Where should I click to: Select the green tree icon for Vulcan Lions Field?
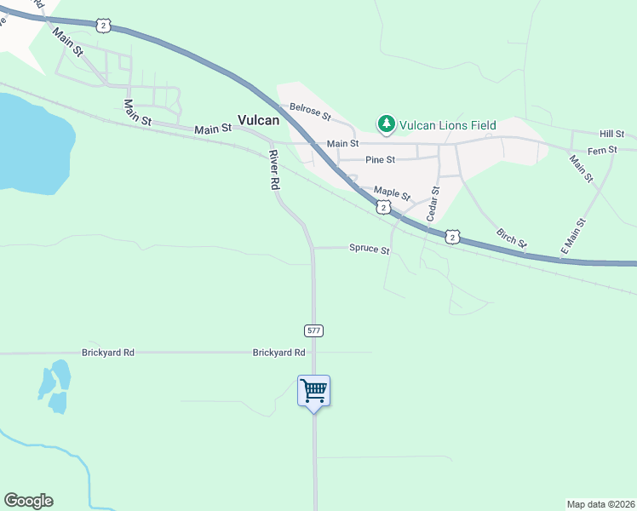click(387, 125)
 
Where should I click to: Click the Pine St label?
click(380, 159)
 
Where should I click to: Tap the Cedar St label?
click(433, 204)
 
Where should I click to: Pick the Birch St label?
click(511, 238)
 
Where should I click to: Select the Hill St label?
click(611, 135)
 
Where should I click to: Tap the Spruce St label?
click(369, 250)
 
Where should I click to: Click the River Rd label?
click(274, 169)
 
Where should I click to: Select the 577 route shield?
click(313, 330)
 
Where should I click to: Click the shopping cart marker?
click(314, 391)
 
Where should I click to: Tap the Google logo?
click(28, 500)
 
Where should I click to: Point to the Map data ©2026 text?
click(600, 503)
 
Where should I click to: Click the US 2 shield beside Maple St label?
click(383, 207)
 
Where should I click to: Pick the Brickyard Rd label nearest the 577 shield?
click(278, 353)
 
